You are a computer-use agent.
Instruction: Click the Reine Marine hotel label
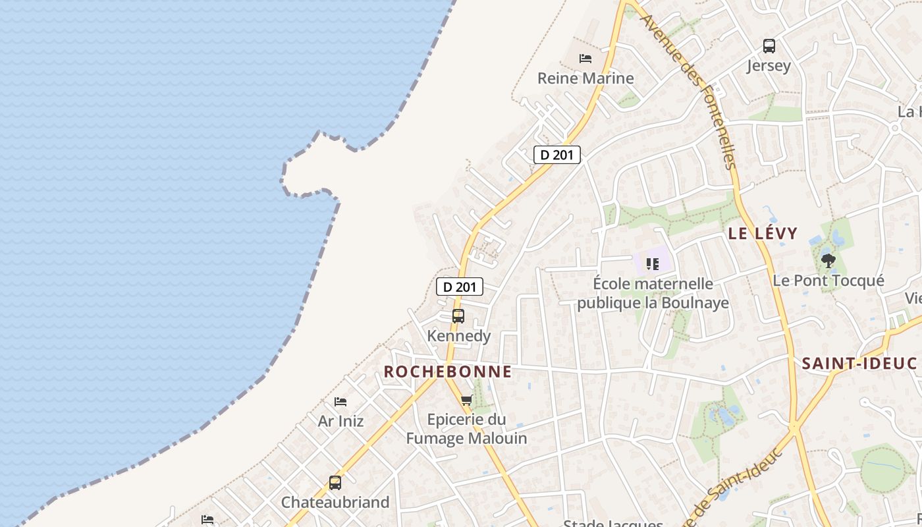pyautogui.click(x=585, y=78)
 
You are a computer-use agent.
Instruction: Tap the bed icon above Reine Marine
pyautogui.click(x=585, y=58)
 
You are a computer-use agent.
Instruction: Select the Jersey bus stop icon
pyautogui.click(x=769, y=46)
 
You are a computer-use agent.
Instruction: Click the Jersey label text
pyautogui.click(x=769, y=66)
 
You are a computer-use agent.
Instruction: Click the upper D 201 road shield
pyautogui.click(x=557, y=155)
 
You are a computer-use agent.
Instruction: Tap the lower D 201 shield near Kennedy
pyautogui.click(x=460, y=287)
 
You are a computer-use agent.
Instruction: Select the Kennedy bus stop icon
pyautogui.click(x=458, y=316)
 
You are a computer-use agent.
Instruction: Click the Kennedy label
pyautogui.click(x=459, y=336)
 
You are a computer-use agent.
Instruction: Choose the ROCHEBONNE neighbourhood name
pyautogui.click(x=448, y=372)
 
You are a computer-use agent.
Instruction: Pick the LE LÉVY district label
pyautogui.click(x=763, y=233)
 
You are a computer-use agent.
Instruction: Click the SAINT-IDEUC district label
pyautogui.click(x=859, y=364)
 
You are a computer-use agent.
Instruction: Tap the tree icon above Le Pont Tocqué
pyautogui.click(x=828, y=261)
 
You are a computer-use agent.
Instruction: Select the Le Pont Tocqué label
pyautogui.click(x=828, y=281)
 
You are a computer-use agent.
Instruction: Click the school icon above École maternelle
pyautogui.click(x=653, y=264)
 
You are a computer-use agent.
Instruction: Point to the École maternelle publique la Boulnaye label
pyautogui.click(x=653, y=293)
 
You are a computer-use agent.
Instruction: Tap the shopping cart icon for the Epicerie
pyautogui.click(x=467, y=400)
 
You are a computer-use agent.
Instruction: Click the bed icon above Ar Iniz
pyautogui.click(x=340, y=401)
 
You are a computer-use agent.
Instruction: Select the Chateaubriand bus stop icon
pyautogui.click(x=335, y=483)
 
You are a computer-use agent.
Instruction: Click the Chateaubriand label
pyautogui.click(x=335, y=503)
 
